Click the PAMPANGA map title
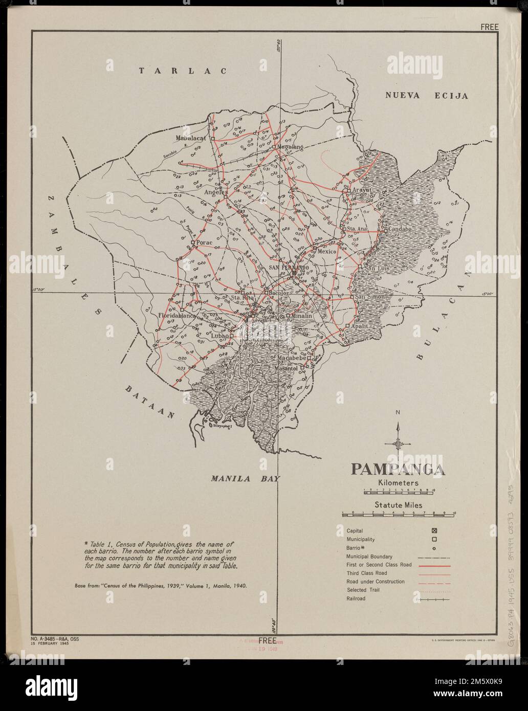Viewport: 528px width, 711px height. pyautogui.click(x=397, y=470)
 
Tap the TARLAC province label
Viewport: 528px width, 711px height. pyautogui.click(x=183, y=71)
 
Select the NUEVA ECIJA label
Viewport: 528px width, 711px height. pyautogui.click(x=427, y=95)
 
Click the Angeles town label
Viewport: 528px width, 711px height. pyautogui.click(x=216, y=193)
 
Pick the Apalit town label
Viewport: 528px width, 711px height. pyautogui.click(x=360, y=325)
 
